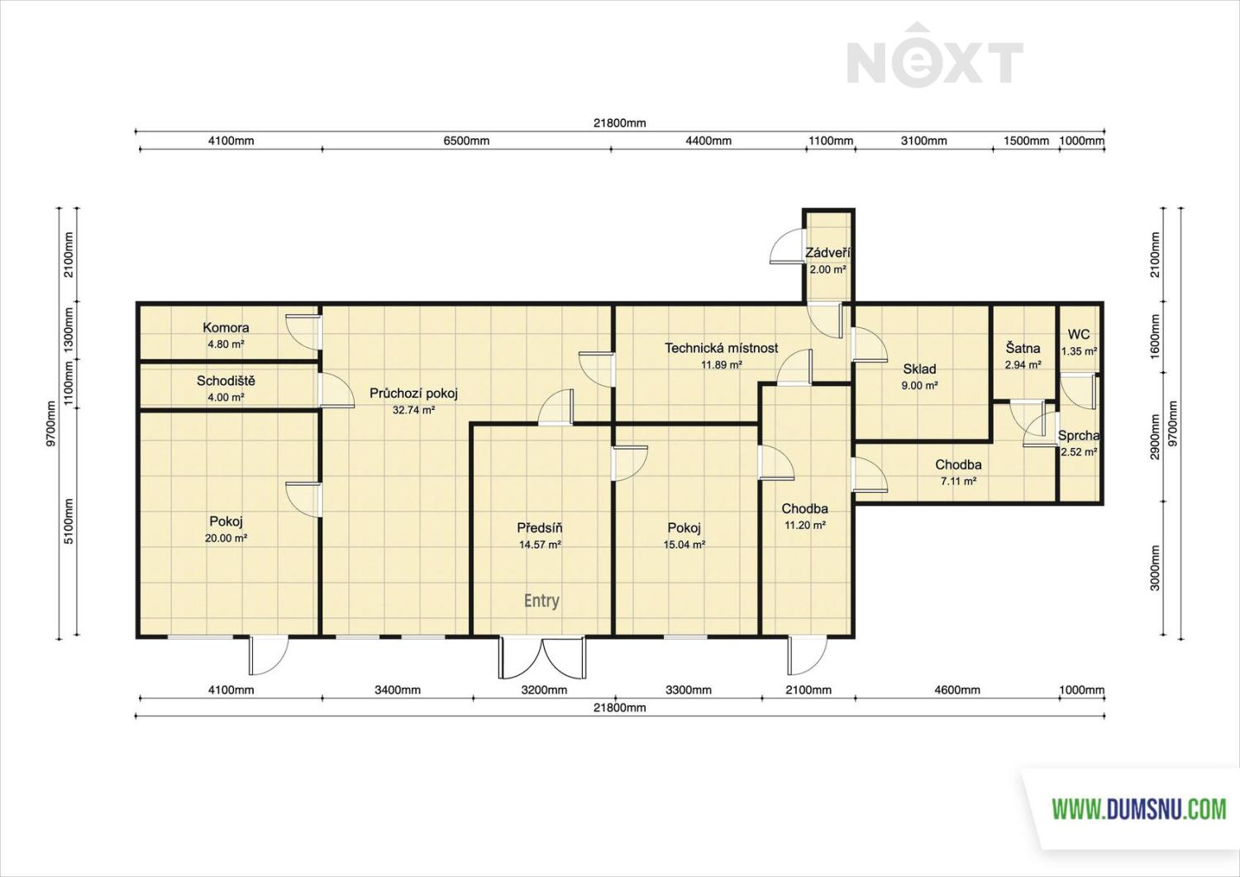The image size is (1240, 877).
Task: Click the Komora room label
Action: (x=226, y=327)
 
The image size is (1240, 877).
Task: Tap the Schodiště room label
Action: (x=226, y=381)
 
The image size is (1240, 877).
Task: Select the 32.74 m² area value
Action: (x=413, y=410)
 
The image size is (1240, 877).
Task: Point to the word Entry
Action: (x=541, y=601)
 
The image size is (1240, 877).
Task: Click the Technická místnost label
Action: (x=722, y=348)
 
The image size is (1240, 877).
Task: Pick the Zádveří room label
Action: (x=827, y=253)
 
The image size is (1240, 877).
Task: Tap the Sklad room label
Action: (x=919, y=369)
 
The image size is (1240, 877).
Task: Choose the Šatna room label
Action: (x=1023, y=348)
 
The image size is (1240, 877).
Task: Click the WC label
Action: (x=1079, y=335)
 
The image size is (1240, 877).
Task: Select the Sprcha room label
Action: (x=1078, y=436)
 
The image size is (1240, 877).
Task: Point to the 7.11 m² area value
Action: (x=958, y=481)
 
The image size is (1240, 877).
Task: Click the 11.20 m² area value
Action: (x=805, y=525)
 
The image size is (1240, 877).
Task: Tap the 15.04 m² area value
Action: (x=684, y=544)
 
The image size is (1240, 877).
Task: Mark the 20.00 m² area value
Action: (x=226, y=537)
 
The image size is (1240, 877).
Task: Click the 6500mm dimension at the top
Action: (x=466, y=141)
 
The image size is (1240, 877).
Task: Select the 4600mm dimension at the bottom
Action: (x=957, y=690)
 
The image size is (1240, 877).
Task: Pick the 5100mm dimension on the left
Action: (x=69, y=521)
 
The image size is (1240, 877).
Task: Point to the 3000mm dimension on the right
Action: (x=1155, y=568)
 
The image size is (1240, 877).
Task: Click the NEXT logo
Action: (x=935, y=55)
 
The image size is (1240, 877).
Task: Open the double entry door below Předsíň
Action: (x=542, y=658)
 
